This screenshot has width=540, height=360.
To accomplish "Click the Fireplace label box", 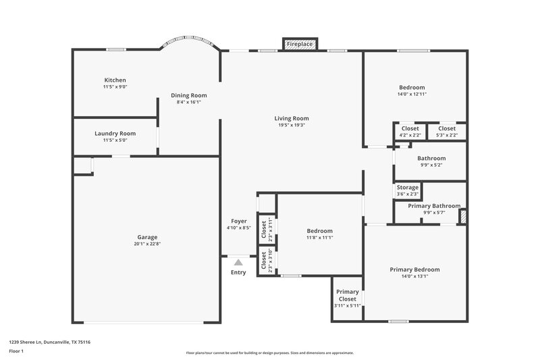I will click(x=300, y=44).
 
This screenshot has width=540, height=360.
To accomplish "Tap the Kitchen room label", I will click(x=115, y=80).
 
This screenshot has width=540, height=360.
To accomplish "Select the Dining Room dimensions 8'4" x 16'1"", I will click(x=188, y=102).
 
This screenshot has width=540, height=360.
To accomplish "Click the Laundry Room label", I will click(x=115, y=134).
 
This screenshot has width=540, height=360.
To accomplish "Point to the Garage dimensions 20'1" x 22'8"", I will click(x=147, y=244).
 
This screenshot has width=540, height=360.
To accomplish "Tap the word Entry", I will click(x=238, y=272).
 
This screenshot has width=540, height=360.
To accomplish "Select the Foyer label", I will click(x=238, y=221).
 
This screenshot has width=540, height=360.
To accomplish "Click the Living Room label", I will click(x=292, y=118).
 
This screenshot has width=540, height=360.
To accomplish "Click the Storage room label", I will click(x=407, y=187).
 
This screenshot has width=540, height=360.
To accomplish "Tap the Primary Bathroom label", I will click(x=434, y=205).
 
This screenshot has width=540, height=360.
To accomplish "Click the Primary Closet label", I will click(x=348, y=295).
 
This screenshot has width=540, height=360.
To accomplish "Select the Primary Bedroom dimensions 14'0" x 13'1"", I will click(x=414, y=277).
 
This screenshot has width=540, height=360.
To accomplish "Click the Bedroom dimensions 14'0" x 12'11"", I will click(x=412, y=95).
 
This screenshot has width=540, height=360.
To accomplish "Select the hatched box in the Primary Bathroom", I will click(x=462, y=216).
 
